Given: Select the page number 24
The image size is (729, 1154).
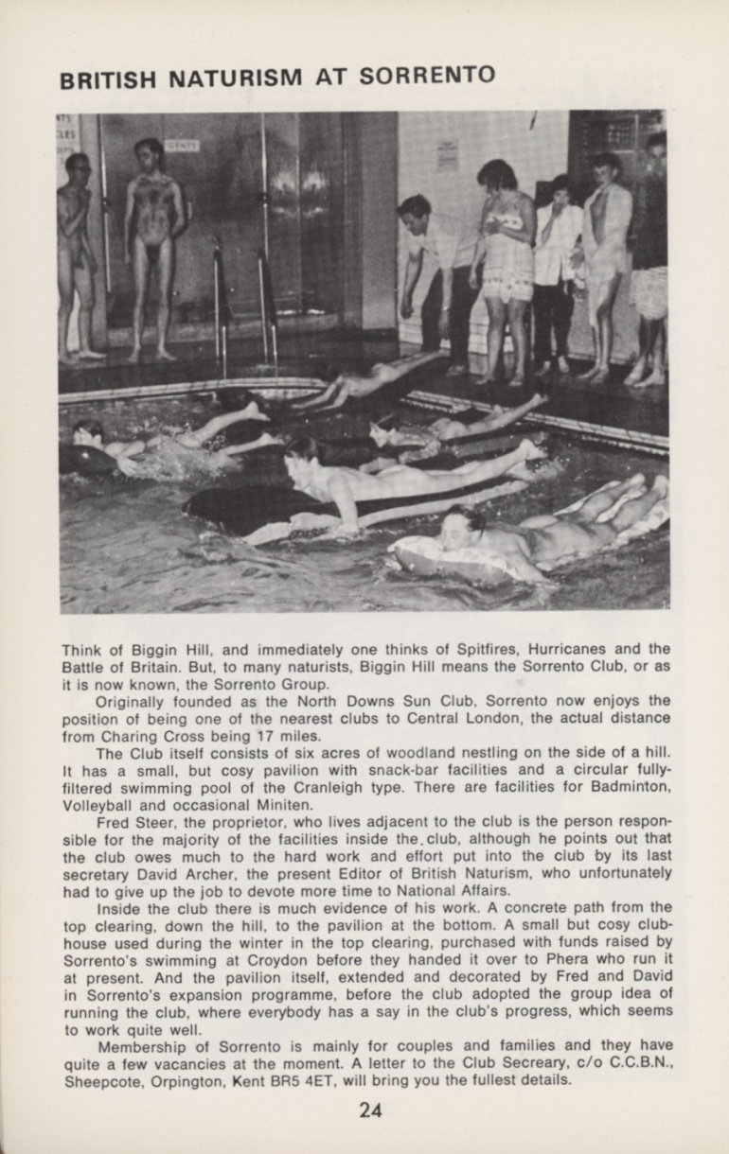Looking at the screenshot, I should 370,1110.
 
